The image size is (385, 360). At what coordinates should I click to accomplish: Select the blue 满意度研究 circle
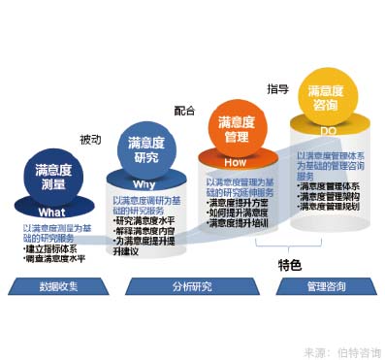click(x=144, y=149)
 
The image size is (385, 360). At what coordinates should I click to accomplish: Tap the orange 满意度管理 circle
click(x=237, y=129)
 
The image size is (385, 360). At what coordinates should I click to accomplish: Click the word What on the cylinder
click(x=51, y=212)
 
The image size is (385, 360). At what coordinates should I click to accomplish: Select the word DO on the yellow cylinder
click(x=326, y=129)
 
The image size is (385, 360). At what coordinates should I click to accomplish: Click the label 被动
click(x=90, y=138)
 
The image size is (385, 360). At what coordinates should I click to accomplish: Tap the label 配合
click(x=184, y=111)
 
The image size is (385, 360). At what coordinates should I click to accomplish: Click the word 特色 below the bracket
click(x=289, y=265)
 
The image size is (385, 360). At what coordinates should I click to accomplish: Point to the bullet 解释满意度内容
click(x=153, y=231)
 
